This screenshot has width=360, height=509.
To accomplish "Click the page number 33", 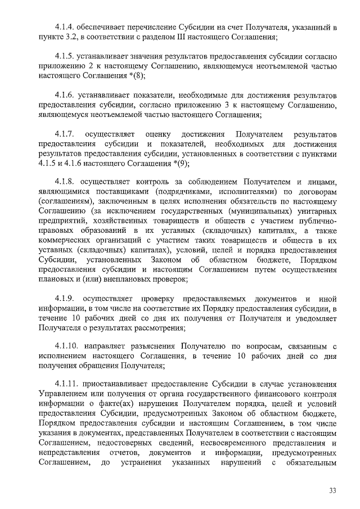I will (333, 491).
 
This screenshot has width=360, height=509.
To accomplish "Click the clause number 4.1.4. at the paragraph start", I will (65, 27).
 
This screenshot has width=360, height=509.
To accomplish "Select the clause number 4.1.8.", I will (65, 182).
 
